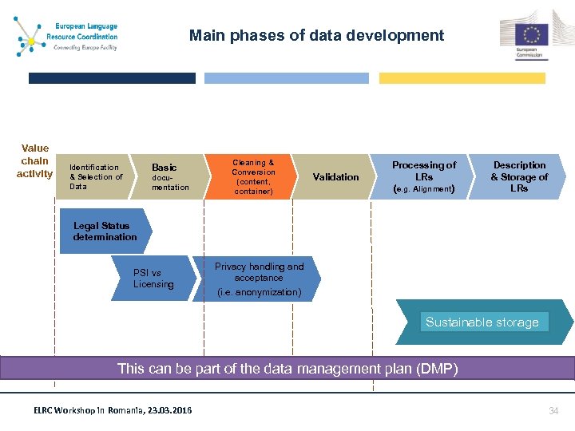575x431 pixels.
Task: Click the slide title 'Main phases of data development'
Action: point(316,36)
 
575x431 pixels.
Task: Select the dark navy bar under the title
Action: point(112,78)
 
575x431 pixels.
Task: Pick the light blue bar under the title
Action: point(287,78)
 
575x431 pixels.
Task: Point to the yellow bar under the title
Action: point(462,78)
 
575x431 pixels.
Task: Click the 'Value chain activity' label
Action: point(35,161)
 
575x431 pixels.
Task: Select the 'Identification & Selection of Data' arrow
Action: point(96,177)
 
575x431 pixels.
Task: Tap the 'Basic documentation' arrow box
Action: point(169,177)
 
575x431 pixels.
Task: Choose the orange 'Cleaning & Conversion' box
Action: point(253,177)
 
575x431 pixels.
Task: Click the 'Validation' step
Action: point(335,177)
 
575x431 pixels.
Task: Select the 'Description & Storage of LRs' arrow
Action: point(519,177)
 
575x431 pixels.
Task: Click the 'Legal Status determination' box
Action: point(105,231)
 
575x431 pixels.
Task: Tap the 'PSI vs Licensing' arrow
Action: point(153,279)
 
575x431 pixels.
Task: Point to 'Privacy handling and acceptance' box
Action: point(258,279)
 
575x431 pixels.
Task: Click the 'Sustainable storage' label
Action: point(482,322)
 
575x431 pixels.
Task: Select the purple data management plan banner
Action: point(287,369)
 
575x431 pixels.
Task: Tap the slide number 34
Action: point(553,410)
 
